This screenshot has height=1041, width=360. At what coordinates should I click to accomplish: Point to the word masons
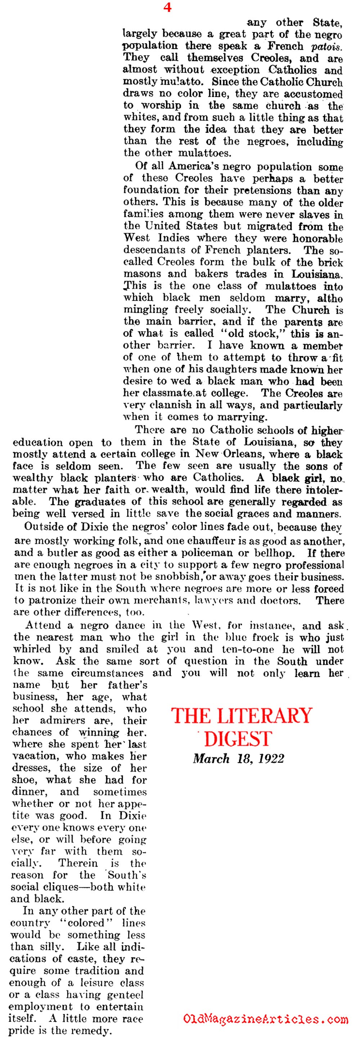coord(141,274)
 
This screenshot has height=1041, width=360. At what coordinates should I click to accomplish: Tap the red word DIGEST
coord(238,738)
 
